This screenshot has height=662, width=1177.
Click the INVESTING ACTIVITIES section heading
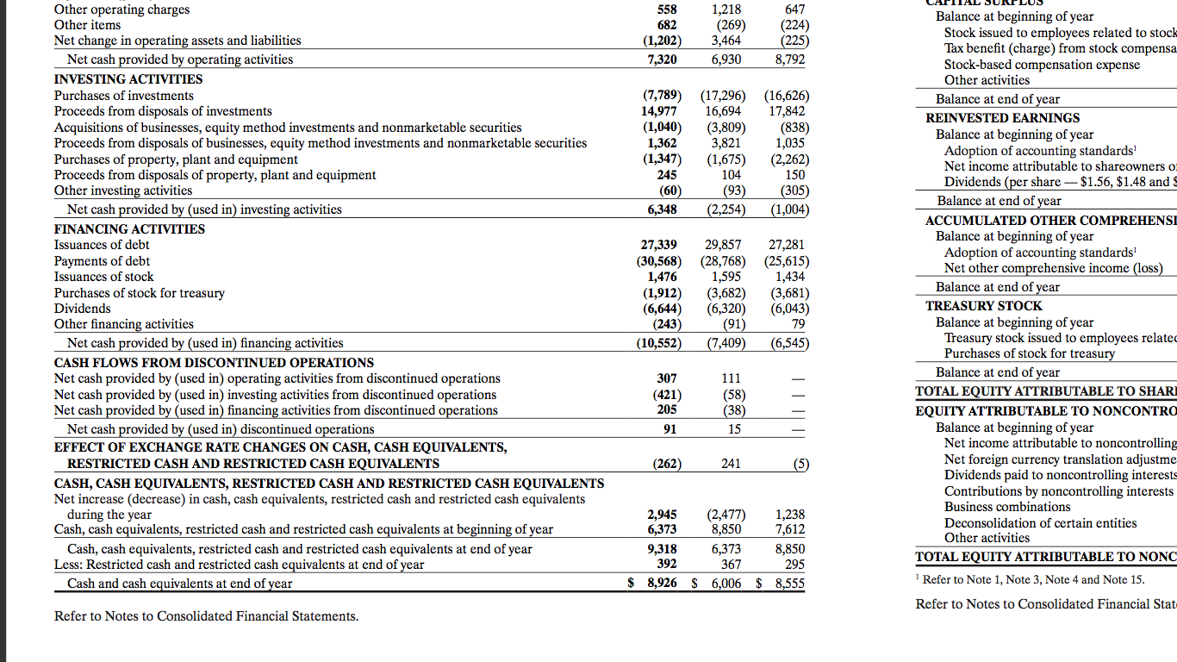128,79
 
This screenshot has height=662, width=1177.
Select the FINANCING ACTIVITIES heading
129,229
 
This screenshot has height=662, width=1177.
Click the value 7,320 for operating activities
662,59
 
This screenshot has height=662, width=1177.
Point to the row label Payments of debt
102,261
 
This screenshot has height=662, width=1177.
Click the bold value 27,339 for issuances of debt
659,246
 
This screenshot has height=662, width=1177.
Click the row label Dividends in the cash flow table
83,309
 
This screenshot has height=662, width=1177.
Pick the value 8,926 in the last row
662,584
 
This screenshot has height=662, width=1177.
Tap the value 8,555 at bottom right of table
789,584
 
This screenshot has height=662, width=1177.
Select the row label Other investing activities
123,190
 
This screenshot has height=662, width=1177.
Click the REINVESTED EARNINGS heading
1002,118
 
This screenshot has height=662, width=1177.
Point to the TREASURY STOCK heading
983,306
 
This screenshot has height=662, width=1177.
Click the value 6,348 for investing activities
662,209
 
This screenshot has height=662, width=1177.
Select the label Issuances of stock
103,277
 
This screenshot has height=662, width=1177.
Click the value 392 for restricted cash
666,565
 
